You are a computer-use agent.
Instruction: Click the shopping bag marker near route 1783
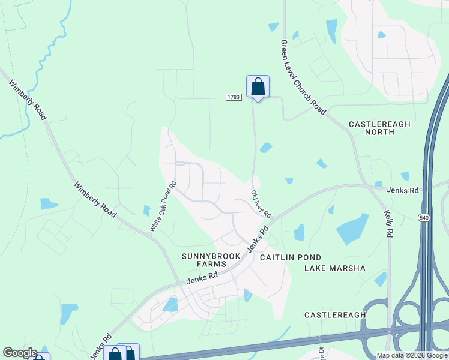[258, 86]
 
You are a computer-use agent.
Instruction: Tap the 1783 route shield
[234, 97]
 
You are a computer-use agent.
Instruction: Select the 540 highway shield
[424, 217]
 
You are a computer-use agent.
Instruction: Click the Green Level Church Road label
[303, 77]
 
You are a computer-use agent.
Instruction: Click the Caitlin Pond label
[286, 257]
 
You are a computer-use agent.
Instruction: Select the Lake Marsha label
[334, 268]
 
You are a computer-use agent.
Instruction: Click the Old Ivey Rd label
[261, 204]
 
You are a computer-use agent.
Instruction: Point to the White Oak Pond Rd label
[163, 207]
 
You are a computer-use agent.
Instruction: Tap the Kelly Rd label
[389, 223]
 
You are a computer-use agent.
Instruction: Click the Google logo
[20, 353]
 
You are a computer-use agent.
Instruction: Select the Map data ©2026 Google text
[412, 355]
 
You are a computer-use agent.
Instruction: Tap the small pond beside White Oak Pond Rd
[147, 211]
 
